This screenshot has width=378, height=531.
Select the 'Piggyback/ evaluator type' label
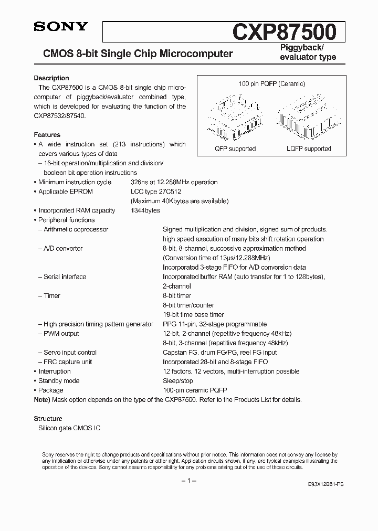[x=306, y=52]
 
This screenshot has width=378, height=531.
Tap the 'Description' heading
[x=51, y=78]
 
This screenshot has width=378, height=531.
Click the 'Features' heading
[x=47, y=135]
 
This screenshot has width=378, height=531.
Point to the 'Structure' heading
[x=48, y=419]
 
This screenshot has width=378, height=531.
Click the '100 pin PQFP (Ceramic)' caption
[x=271, y=84]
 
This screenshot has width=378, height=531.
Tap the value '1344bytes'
[x=145, y=210]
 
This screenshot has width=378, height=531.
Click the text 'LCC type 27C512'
[x=156, y=192]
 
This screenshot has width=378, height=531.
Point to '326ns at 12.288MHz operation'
[x=174, y=182]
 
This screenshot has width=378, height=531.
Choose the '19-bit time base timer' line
[x=193, y=314]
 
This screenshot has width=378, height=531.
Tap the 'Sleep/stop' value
[x=178, y=380]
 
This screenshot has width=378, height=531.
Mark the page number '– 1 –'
[x=188, y=481]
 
